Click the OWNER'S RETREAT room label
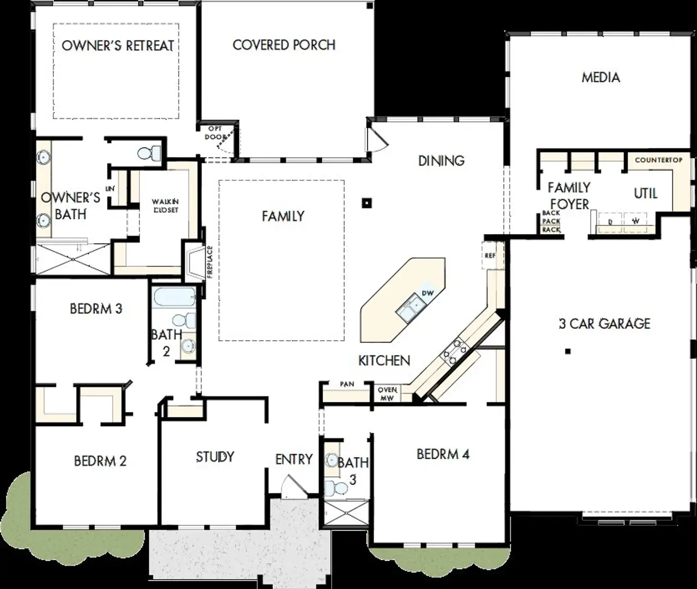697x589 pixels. click(118, 45)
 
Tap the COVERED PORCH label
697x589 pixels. click(284, 45)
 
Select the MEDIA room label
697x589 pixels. click(601, 77)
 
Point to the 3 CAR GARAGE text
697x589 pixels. click(604, 324)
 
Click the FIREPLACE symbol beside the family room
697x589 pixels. click(193, 262)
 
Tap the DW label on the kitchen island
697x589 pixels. click(427, 293)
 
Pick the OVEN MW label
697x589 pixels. click(387, 394)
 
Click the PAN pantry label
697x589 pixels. click(347, 384)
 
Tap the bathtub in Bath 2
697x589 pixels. click(174, 297)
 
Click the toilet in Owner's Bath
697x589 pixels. click(149, 153)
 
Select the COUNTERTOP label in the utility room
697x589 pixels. click(658, 160)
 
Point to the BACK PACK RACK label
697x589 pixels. click(551, 222)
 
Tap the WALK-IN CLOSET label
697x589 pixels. click(165, 206)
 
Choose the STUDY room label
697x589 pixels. click(215, 457)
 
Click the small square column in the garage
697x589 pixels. click(567, 352)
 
